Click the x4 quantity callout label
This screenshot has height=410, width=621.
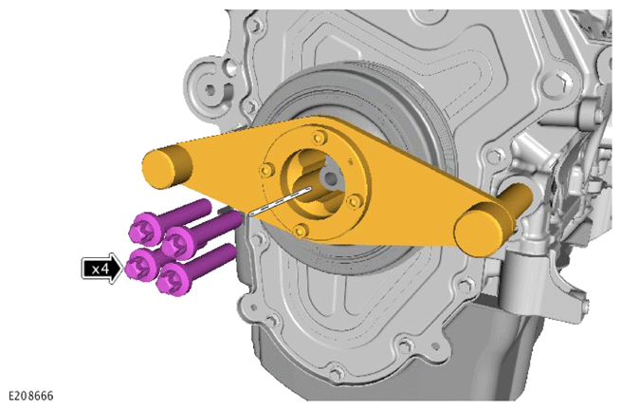100,269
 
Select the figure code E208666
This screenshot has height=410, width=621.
31,397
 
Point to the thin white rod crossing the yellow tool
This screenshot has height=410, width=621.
280,200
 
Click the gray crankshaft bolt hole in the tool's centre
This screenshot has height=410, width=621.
330,178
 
